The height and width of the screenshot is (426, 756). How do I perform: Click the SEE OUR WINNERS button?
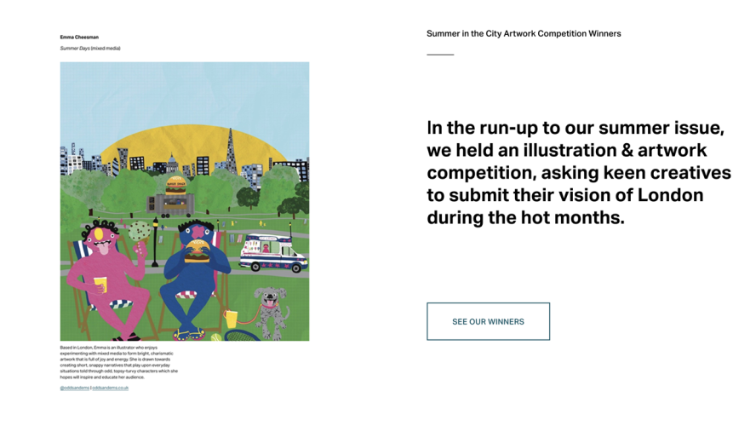tap(488, 321)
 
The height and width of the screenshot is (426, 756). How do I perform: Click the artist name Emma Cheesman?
tap(79, 37)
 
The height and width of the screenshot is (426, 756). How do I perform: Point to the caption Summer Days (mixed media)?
tap(90, 49)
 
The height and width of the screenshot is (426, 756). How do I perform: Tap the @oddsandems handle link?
tap(74, 389)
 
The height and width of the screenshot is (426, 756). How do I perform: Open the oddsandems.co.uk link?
tap(111, 389)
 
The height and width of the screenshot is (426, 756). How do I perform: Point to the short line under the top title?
tap(440, 55)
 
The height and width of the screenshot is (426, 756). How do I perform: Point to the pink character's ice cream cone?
tap(138, 233)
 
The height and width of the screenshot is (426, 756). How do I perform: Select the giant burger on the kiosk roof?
tap(176, 184)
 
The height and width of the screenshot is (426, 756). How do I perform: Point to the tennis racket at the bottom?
tap(240, 334)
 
